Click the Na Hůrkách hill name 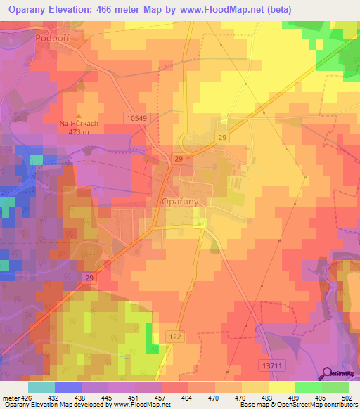(x=78, y=123)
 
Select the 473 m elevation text (x=78, y=131)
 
